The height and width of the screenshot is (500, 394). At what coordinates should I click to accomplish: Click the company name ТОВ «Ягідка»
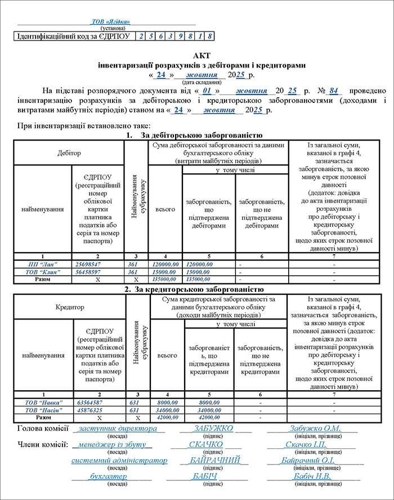tap(110, 22)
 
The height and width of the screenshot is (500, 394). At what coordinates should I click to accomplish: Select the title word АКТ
tap(200, 56)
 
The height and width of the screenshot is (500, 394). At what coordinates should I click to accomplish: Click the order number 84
tap(335, 91)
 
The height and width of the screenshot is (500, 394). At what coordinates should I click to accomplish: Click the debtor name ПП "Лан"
tap(42, 264)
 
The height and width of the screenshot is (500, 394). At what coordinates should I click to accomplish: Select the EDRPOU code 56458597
tap(88, 272)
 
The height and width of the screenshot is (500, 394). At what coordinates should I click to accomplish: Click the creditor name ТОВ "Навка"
tap(43, 403)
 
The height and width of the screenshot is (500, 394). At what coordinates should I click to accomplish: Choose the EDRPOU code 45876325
tap(89, 411)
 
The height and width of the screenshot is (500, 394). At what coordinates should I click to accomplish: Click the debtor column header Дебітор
tap(69, 153)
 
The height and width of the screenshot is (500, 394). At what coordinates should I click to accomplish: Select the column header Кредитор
tap(70, 308)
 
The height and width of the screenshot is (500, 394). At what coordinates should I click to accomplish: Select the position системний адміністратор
tap(119, 461)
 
